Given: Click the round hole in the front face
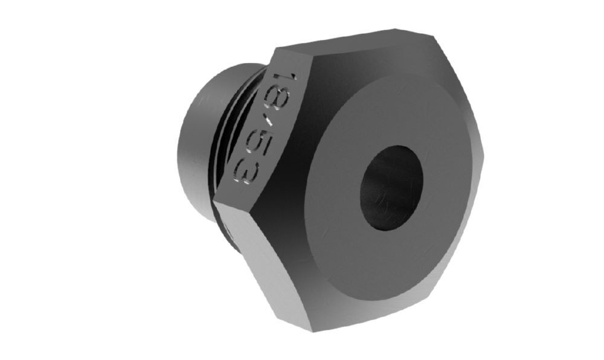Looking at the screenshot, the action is tap(391, 188).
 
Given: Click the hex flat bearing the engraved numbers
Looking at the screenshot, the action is tap(266, 127).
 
